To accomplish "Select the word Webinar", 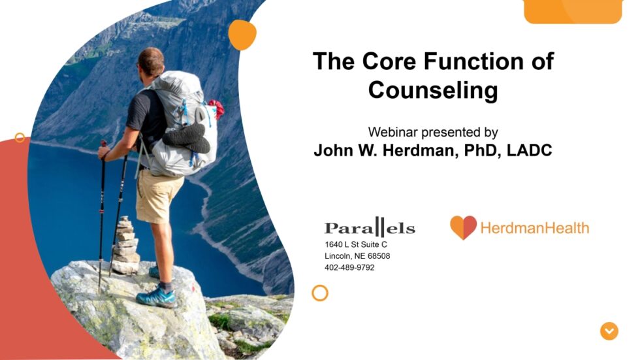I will (x=392, y=132).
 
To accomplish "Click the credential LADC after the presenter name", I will (x=526, y=151).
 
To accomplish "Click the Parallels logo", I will (x=370, y=227).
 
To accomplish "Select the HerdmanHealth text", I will (x=534, y=228).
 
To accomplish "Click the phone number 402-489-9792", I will (x=349, y=268).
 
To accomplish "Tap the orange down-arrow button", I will (x=609, y=331).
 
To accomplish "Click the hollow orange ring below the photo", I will (x=319, y=293).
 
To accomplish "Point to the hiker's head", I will (x=152, y=61).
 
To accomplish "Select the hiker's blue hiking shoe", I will (x=157, y=297).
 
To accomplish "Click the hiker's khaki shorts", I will (x=159, y=196).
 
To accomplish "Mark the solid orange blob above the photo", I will (x=242, y=35).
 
